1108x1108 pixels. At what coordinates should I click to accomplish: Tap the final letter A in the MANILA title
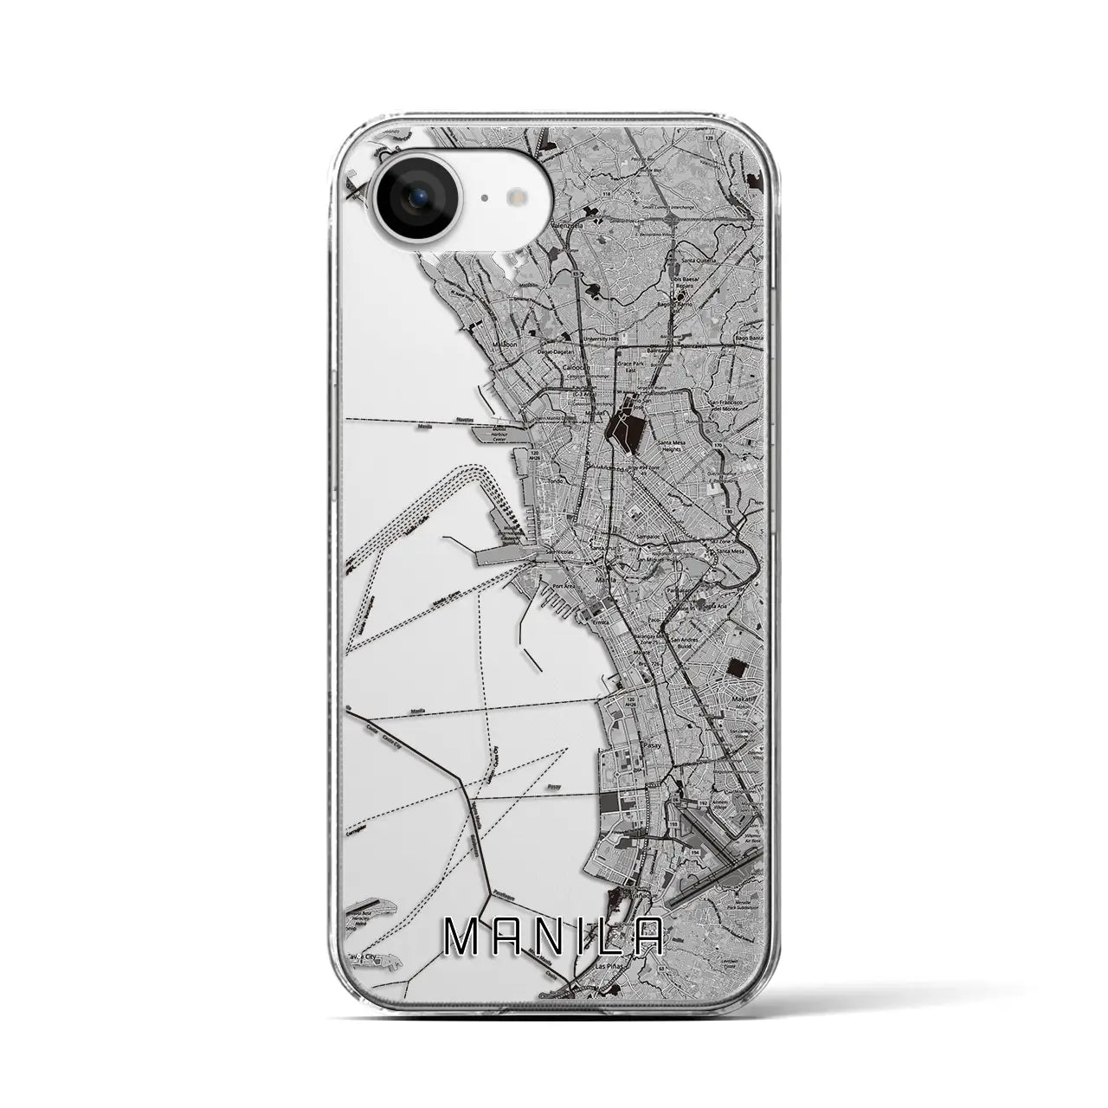coord(648,936)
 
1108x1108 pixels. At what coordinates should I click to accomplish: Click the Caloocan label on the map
coord(577,366)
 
